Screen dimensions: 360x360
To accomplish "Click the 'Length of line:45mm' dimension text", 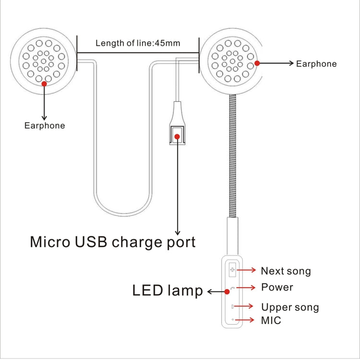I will pos(138,43).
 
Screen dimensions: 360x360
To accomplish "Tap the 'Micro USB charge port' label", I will pos(113,241).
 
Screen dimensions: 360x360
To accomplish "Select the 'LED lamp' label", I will pos(168,290).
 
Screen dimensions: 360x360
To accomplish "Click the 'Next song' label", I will pos(286,271).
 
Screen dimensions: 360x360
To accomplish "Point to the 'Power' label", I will pos(277,288).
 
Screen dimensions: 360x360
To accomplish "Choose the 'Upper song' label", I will pos(290,307).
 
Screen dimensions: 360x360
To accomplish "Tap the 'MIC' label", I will pos(271,320).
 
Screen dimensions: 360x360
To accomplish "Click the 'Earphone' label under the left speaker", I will pos(45,126).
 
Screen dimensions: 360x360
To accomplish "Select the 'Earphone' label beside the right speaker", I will pos(316,63).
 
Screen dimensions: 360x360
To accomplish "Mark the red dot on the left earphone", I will pos(44,84).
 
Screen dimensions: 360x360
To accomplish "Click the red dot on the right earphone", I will pos(257,63).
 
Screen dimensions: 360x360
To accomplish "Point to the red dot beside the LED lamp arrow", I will pos(227,291).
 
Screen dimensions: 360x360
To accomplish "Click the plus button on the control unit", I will pos(233,270).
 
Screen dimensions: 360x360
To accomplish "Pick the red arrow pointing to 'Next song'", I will pos(248,270).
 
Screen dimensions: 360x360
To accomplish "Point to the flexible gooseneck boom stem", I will pos(231,154).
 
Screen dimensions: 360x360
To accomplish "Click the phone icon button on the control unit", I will pos(233,288).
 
